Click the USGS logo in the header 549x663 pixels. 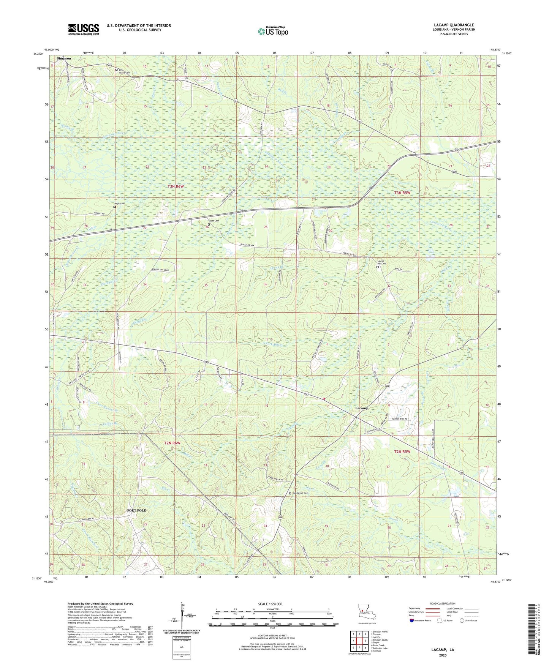pyautogui.click(x=84, y=29)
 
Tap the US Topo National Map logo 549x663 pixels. pyautogui.click(x=273, y=31)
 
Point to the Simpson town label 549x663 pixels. pyautogui.click(x=64, y=58)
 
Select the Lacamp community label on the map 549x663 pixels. pyautogui.click(x=361, y=408)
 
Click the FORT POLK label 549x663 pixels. pyautogui.click(x=136, y=510)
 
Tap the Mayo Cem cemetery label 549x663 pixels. pyautogui.click(x=119, y=204)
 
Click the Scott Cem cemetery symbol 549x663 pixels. pyautogui.click(x=208, y=224)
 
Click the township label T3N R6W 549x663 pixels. pyautogui.click(x=176, y=186)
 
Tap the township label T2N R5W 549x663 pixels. pyautogui.click(x=402, y=451)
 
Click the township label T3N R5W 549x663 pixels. pyautogui.click(x=402, y=193)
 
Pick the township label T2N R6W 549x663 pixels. pyautogui.click(x=172, y=443)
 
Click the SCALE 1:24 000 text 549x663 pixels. pyautogui.click(x=270, y=604)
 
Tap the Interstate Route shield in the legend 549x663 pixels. pyautogui.click(x=412, y=620)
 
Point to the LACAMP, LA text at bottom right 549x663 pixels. pyautogui.click(x=442, y=650)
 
